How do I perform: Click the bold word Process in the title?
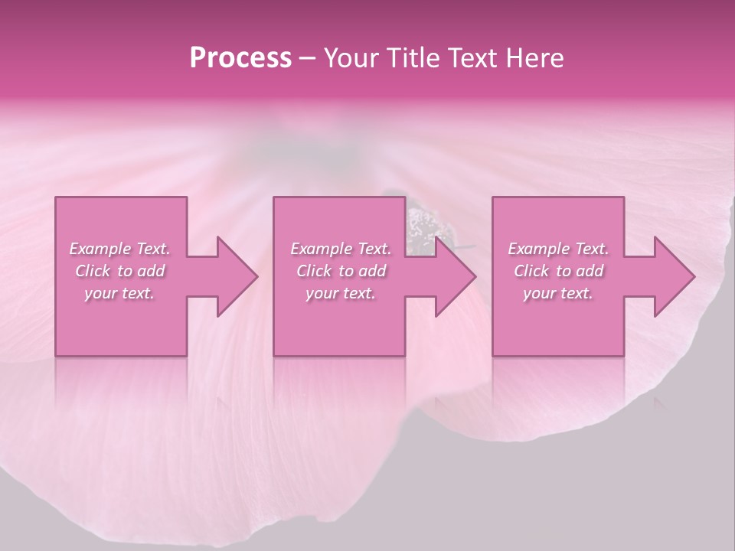tap(240, 58)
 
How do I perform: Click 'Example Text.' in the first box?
tap(119, 249)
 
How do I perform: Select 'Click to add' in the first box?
tap(119, 271)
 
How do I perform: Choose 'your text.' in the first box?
tap(119, 293)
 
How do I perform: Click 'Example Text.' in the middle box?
tap(341, 249)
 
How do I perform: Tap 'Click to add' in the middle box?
tap(341, 271)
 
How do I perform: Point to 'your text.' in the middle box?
tap(341, 293)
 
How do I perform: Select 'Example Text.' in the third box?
tap(558, 249)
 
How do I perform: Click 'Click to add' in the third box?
tap(558, 271)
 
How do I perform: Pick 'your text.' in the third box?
tap(558, 293)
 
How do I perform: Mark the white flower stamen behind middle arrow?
tap(422, 227)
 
